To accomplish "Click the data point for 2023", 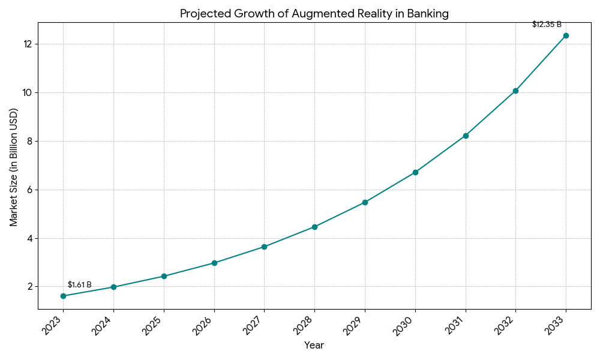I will tap(63, 296).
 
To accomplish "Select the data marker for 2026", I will tap(214, 263).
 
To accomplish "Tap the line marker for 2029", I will tap(365, 202).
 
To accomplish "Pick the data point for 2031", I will tap(466, 136).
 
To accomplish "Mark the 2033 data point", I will tap(566, 35).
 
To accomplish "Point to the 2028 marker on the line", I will tap(314, 227).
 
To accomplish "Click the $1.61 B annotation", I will tap(79, 285).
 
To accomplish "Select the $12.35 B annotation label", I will tap(547, 25).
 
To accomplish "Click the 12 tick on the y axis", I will tap(28, 44).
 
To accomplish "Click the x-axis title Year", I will tap(314, 346).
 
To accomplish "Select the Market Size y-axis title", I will tap(14, 167).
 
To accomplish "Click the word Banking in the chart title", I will tap(428, 14).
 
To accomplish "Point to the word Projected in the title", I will tap(205, 14).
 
